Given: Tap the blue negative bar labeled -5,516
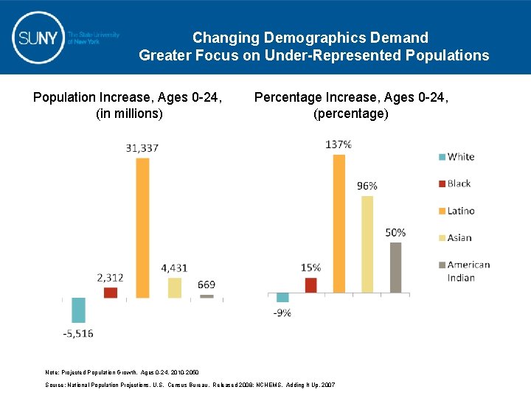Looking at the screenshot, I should click(78, 310).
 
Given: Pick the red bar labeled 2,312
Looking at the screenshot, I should click(111, 293).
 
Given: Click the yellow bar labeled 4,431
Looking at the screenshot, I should click(175, 287).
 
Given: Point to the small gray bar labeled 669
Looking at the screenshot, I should click(206, 296).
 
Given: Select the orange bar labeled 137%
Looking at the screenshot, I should click(339, 223).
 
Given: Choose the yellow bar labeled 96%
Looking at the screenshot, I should click(367, 244).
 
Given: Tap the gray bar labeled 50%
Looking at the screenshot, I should click(396, 268).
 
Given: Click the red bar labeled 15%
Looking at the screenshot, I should click(310, 285).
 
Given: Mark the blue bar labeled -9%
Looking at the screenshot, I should click(282, 298).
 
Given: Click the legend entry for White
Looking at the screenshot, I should click(455, 156).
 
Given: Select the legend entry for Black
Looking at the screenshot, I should click(454, 184).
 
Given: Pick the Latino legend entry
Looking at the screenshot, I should click(455, 211).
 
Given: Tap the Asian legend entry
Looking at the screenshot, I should click(454, 237).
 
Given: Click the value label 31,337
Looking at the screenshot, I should click(142, 148).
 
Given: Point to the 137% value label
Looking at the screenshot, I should click(339, 144).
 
